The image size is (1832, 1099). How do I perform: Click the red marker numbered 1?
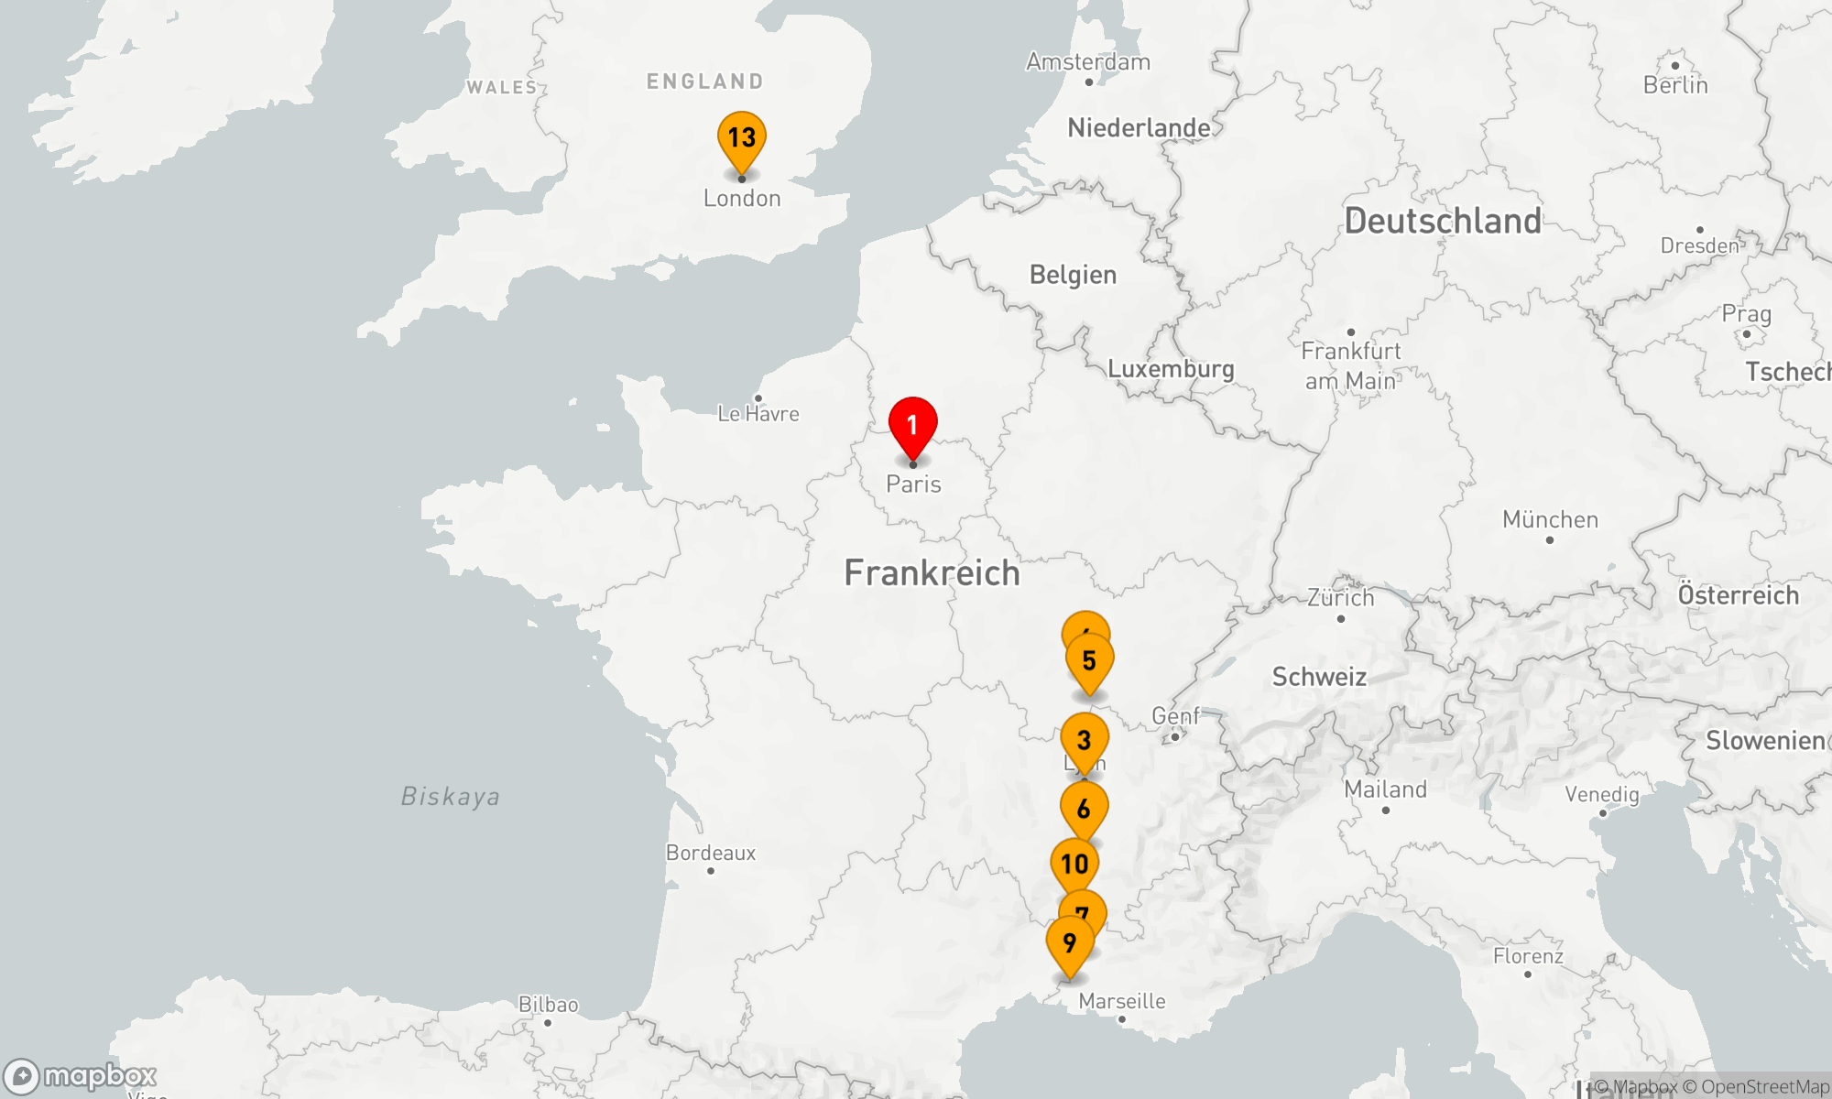[912, 427]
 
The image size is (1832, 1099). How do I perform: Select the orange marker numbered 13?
[741, 139]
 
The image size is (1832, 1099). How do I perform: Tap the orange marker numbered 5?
[1089, 661]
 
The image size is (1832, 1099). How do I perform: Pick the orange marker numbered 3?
[1085, 740]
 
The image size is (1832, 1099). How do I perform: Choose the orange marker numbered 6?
[1084, 810]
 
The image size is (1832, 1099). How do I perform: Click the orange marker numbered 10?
[1074, 864]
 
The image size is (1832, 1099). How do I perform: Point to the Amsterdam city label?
[1087, 62]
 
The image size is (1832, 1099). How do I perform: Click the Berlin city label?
[1674, 85]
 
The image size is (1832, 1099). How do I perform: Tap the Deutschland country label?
[1443, 221]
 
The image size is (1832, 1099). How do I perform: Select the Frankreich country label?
[932, 573]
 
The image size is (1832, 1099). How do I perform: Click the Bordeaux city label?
[711, 853]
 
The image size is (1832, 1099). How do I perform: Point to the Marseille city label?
[1121, 1001]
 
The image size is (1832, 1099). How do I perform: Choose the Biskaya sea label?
[451, 796]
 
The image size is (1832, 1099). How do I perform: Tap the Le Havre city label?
[758, 414]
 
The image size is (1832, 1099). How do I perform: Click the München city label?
[1550, 519]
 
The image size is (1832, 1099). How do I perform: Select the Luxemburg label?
[1171, 369]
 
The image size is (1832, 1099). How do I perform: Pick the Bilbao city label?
[549, 1005]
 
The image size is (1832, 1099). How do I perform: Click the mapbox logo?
[81, 1076]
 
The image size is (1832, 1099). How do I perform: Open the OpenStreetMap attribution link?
[1764, 1087]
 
